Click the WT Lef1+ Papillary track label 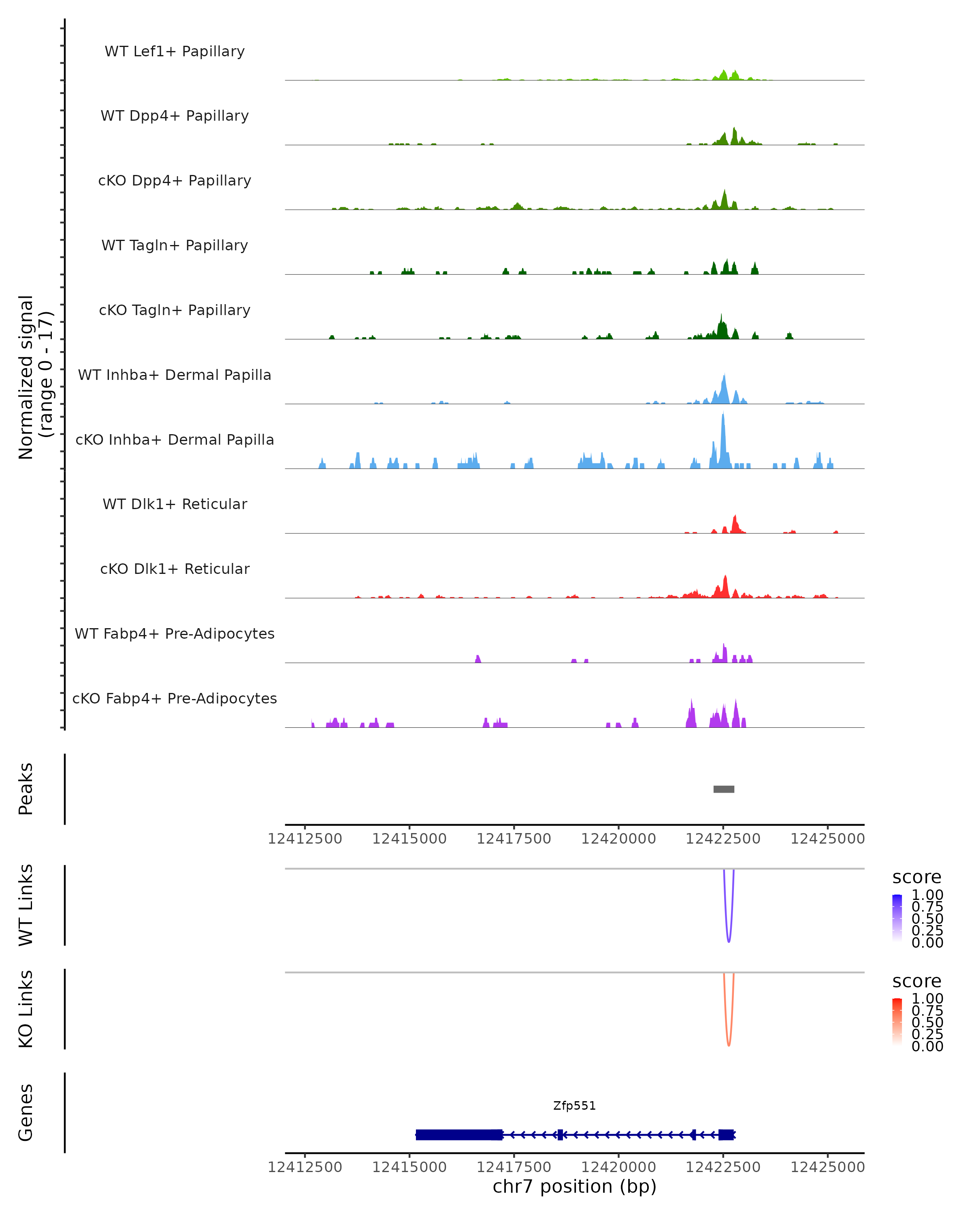coord(175,51)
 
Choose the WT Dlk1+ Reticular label coord(175,504)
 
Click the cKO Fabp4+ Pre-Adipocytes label coord(175,698)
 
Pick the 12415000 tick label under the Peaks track coord(409,839)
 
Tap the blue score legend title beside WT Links coord(916,878)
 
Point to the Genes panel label coord(26,1113)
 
